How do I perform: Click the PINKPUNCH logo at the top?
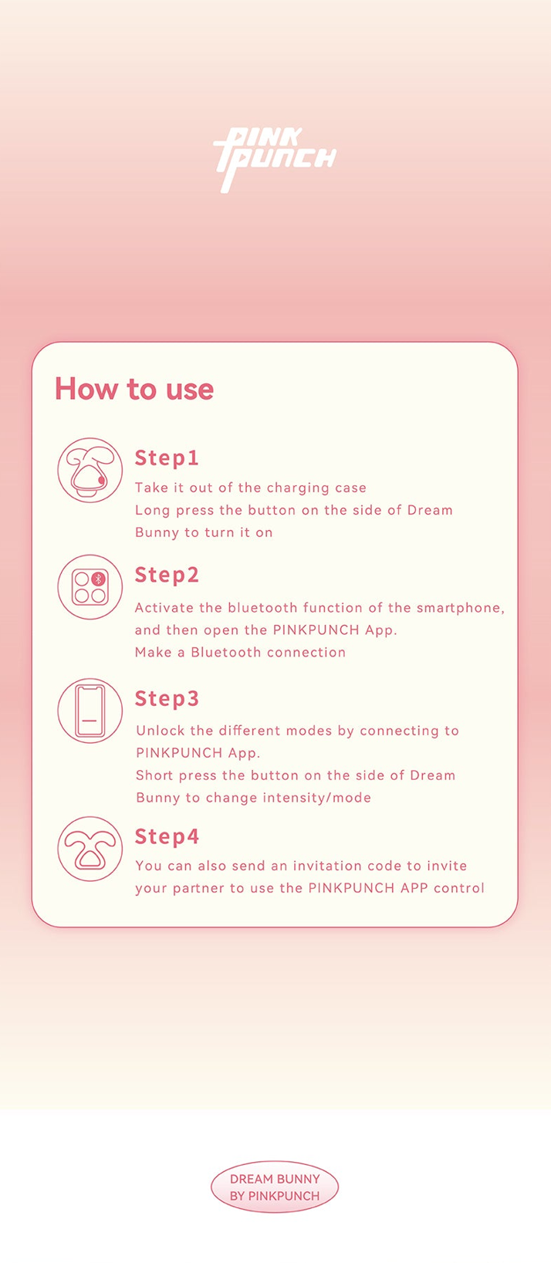[x=275, y=160]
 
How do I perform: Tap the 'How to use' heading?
[x=134, y=389]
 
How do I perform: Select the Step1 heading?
[x=167, y=458]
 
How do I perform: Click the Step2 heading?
[x=167, y=575]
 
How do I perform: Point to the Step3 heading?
[x=167, y=698]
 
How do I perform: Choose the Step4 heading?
[x=167, y=836]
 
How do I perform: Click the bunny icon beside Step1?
[x=90, y=470]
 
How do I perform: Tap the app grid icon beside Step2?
[x=90, y=587]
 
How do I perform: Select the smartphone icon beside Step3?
[x=90, y=711]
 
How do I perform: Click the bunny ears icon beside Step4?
[x=90, y=849]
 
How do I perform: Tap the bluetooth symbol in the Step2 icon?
[x=98, y=579]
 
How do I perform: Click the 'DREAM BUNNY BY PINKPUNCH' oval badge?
[x=275, y=1187]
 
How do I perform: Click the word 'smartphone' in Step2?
[x=460, y=608]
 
